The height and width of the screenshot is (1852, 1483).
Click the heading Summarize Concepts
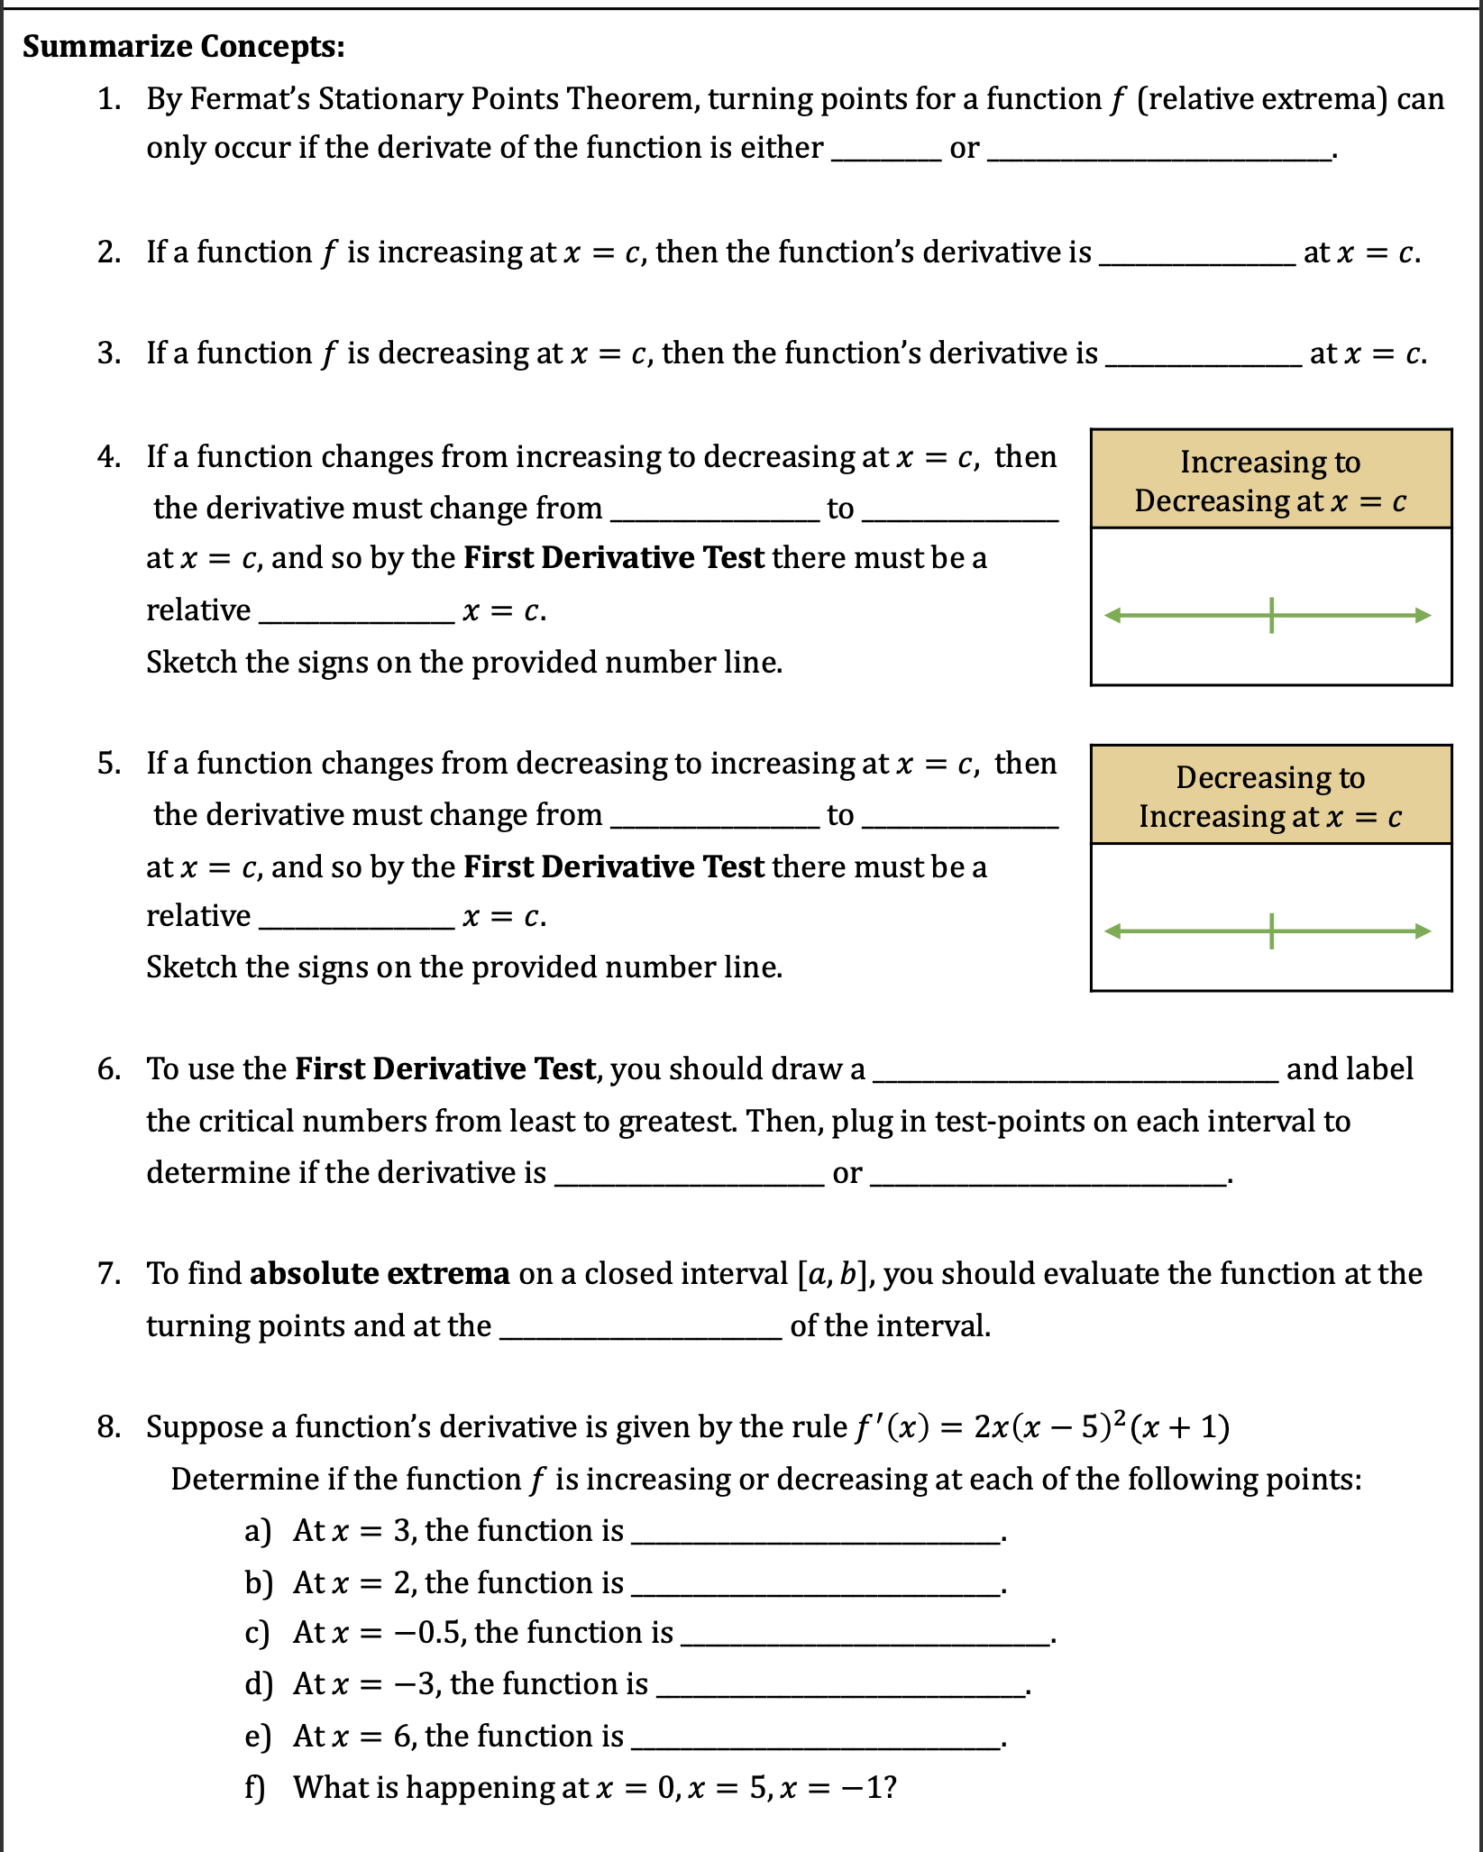pos(184,46)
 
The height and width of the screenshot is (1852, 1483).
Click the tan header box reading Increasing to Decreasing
pos(1270,480)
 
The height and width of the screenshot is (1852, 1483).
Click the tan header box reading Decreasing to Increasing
pos(1270,795)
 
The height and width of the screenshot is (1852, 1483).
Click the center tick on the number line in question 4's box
pos(1271,615)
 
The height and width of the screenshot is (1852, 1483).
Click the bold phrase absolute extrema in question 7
pos(380,1273)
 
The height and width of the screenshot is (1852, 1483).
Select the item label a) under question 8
pos(258,1530)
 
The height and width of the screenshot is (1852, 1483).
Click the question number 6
pos(109,1068)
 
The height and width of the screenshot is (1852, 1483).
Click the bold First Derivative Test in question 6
pos(446,1068)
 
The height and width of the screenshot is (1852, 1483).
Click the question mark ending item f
pos(891,1787)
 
